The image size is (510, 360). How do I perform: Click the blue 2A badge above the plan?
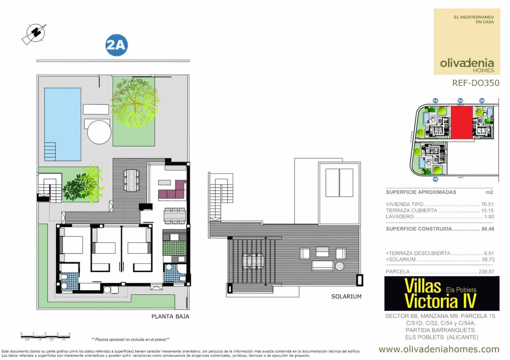[116, 45]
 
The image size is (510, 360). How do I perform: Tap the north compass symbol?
[34, 33]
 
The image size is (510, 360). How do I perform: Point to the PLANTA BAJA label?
[170, 316]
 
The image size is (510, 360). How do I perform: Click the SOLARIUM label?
[346, 296]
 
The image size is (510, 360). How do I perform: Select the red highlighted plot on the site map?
[462, 123]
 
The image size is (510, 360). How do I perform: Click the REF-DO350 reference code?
[476, 83]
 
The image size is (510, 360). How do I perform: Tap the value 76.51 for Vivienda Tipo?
[487, 205]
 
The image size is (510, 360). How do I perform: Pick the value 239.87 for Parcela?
[486, 272]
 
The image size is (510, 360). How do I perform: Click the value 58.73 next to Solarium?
[488, 259]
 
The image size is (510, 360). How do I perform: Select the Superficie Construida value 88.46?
[488, 229]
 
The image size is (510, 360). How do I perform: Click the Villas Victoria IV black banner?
[441, 293]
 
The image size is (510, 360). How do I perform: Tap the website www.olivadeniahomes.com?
[439, 349]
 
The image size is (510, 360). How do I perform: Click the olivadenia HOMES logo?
[467, 65]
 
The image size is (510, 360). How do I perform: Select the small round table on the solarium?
[339, 266]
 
